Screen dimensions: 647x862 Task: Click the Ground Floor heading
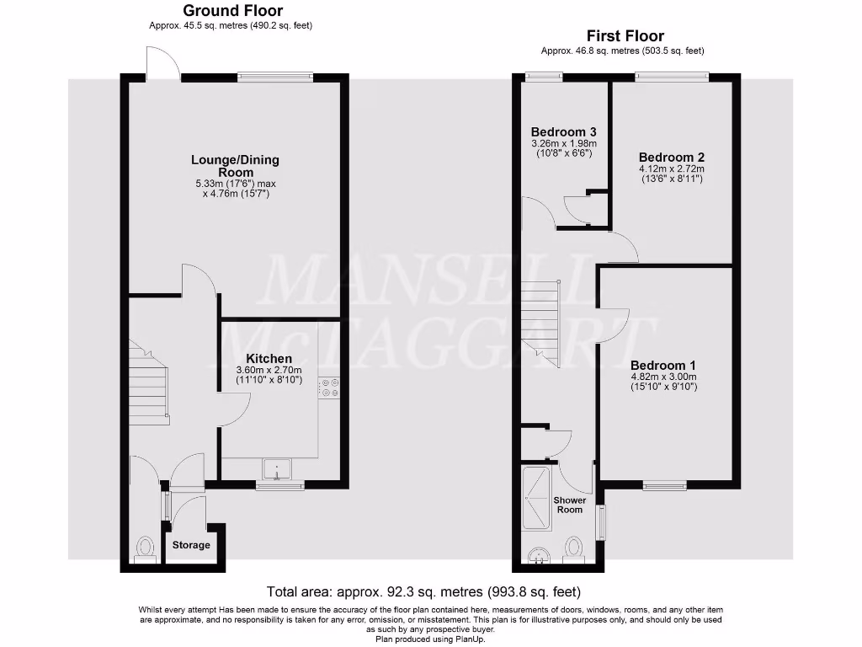[x=232, y=11]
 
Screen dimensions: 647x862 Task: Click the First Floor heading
[x=625, y=36]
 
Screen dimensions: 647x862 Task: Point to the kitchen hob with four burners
[x=328, y=388]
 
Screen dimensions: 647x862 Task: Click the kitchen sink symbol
[x=277, y=468]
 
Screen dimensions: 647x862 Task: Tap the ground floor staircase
[x=150, y=383]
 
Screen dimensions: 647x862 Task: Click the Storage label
[x=191, y=545]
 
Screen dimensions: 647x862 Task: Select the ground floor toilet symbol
[x=144, y=550]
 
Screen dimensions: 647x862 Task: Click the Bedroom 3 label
[x=563, y=132]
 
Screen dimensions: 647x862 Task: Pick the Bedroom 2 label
[x=671, y=158]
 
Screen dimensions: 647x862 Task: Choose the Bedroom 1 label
[x=663, y=365]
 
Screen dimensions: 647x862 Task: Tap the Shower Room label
[x=569, y=505]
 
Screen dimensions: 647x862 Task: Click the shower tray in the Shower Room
[x=536, y=496]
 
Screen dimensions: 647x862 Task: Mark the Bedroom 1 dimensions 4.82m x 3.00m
[x=663, y=377]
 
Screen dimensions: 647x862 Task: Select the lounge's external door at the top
[x=162, y=64]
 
